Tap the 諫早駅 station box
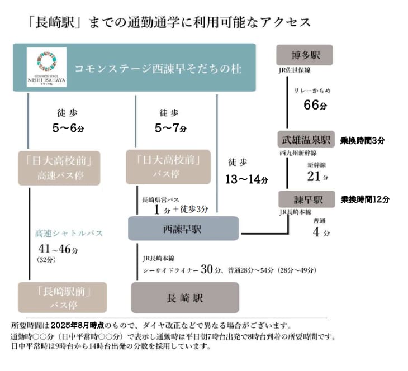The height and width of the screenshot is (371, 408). pyautogui.click(x=305, y=199)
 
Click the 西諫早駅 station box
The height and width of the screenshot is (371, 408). pyautogui.click(x=183, y=229)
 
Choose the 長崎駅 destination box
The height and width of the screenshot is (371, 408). pyautogui.click(x=184, y=297)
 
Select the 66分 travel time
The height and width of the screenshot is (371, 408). pyautogui.click(x=314, y=105)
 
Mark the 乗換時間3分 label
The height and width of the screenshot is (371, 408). pyautogui.click(x=363, y=140)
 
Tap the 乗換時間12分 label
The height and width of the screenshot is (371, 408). pyautogui.click(x=365, y=199)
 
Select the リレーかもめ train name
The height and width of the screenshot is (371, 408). pyautogui.click(x=314, y=90)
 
